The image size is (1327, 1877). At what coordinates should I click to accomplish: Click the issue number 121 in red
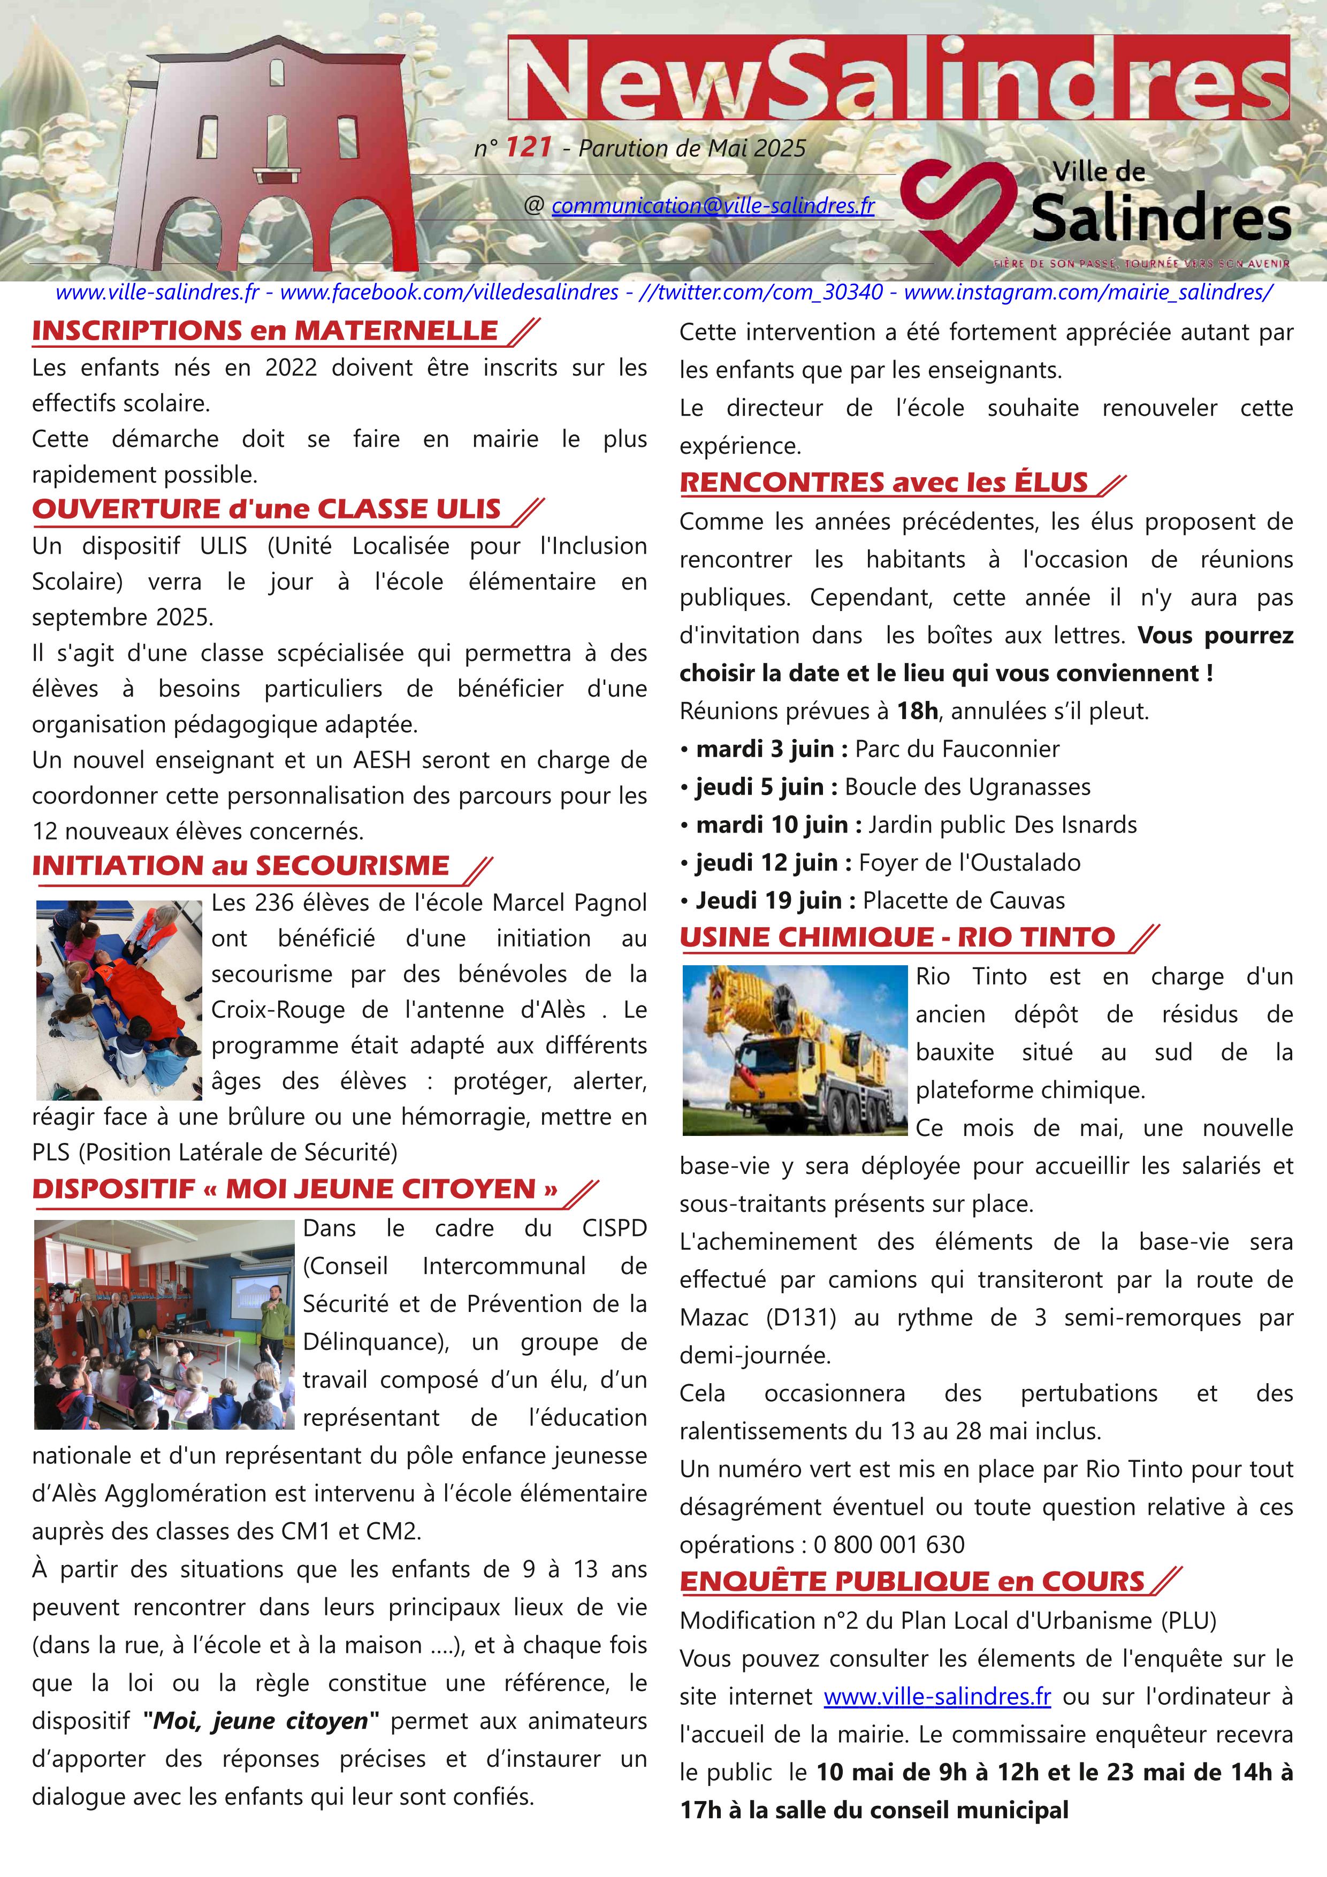pyautogui.click(x=528, y=147)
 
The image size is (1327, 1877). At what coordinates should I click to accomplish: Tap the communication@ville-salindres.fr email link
pyautogui.click(x=713, y=205)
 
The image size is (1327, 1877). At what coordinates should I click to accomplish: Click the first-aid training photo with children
pyautogui.click(x=119, y=1000)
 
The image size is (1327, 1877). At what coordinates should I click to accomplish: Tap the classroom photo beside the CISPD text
pyautogui.click(x=164, y=1324)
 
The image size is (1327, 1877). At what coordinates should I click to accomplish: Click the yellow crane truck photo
pyautogui.click(x=795, y=1050)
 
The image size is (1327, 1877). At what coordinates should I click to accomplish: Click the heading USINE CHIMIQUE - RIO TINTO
pyautogui.click(x=897, y=937)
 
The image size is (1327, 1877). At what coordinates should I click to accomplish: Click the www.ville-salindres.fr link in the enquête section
pyautogui.click(x=937, y=1696)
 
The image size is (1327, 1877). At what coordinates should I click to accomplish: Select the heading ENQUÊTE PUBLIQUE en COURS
pyautogui.click(x=912, y=1582)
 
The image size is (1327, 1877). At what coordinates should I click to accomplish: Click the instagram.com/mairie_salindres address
pyautogui.click(x=1087, y=292)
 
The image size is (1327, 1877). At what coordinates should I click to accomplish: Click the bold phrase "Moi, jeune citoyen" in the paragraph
pyautogui.click(x=261, y=1721)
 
